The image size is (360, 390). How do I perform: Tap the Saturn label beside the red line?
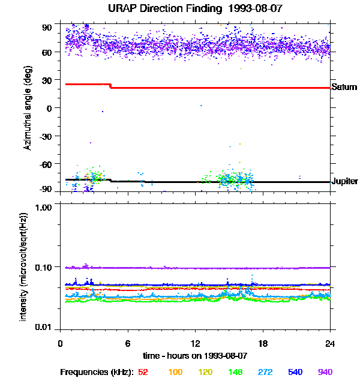pos(344,87)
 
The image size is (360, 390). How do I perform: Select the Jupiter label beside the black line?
pos(344,181)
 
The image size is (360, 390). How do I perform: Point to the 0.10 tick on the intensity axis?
pos(44,266)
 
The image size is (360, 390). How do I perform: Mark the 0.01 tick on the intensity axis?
pos(44,327)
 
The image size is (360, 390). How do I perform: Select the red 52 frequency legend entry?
pos(143,372)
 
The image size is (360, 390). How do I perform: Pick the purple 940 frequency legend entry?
pos(325,372)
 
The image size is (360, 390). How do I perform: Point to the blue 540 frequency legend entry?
pos(295,372)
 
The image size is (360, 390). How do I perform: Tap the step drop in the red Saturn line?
pos(110,86)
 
